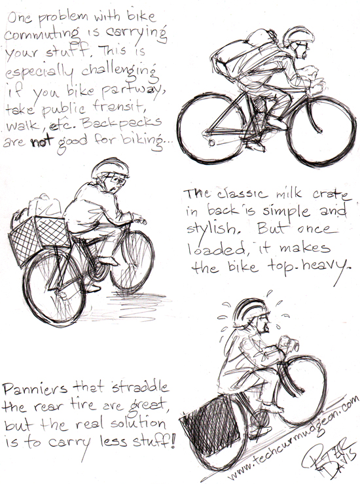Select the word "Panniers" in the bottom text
(35, 389)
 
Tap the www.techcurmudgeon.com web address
(293, 438)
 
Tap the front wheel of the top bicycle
(321, 130)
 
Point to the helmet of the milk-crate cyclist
(110, 168)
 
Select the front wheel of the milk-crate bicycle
(132, 261)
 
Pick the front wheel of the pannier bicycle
(300, 390)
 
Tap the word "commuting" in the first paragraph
(41, 34)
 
